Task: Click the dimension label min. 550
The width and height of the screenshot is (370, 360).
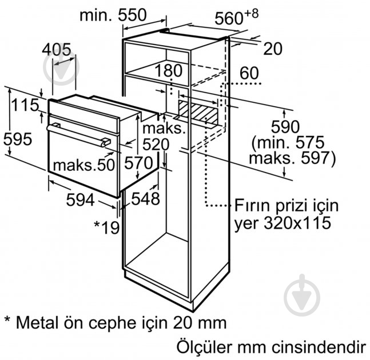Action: pos(113,15)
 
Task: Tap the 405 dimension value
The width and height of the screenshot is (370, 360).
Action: pos(57,50)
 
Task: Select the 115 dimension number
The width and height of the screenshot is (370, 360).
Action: pos(25,105)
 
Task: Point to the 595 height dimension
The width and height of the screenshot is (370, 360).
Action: pos(18,139)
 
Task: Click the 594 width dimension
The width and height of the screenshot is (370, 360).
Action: pos(81,200)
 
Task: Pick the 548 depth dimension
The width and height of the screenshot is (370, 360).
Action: pos(146,198)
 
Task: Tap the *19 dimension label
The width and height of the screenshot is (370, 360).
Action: pos(107,227)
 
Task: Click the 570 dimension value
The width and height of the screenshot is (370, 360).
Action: pos(138,163)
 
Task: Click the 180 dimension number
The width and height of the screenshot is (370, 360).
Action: pos(169,70)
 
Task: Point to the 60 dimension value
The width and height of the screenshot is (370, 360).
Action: pos(249,73)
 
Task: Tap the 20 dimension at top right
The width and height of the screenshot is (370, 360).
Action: pos(273,49)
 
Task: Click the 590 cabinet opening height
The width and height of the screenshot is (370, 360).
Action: pos(285,127)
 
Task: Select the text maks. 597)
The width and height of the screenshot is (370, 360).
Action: pos(292,158)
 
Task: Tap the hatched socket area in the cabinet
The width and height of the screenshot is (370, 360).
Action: pos(198,112)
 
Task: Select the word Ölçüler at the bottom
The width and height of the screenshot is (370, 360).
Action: pos(205,346)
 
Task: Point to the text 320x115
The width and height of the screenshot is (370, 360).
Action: pos(297,223)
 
